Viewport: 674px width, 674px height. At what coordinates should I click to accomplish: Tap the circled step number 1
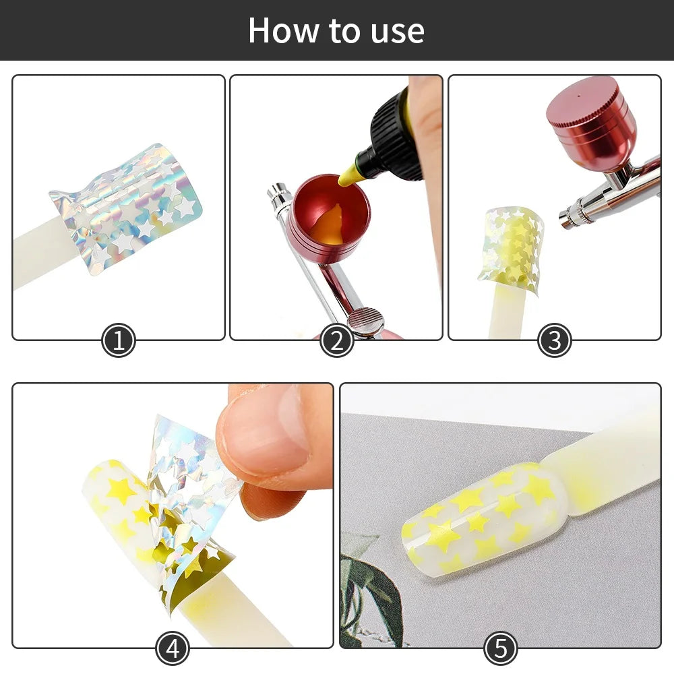119,341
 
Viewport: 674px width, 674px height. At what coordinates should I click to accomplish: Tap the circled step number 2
336,341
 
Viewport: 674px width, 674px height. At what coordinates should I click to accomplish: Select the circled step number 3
554,341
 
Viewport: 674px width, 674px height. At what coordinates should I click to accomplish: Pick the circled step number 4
173,649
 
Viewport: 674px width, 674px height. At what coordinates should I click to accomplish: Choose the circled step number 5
500,649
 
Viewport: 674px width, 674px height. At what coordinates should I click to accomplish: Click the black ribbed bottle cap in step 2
390,138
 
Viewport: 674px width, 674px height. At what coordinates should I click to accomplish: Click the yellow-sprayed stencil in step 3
510,249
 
